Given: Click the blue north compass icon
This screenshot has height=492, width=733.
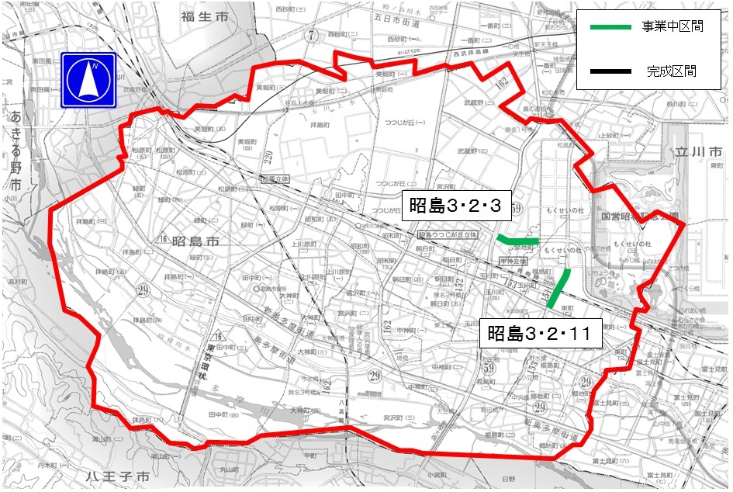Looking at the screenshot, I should tap(88, 80).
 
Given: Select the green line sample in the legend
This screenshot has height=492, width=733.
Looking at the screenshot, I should tap(610, 27).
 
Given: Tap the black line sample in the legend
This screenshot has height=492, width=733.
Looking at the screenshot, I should tap(610, 71).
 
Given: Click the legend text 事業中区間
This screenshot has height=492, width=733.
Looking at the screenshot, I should tap(672, 27).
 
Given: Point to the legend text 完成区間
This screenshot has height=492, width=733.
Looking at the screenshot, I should tap(671, 71).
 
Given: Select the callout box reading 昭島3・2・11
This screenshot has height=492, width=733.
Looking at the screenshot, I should tap(539, 335).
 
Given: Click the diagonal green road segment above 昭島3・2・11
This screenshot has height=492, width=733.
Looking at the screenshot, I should tap(559, 289).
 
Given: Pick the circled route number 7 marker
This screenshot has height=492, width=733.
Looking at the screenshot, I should tap(311, 34).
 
